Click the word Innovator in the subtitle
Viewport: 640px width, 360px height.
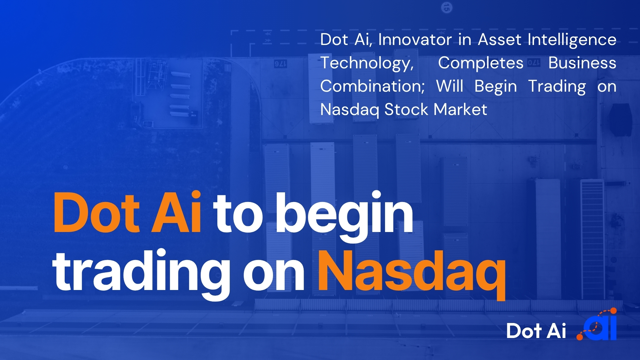(415, 40)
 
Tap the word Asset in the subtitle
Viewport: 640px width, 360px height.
(499, 40)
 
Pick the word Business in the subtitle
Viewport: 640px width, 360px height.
(582, 63)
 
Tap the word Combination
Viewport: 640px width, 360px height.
(372, 86)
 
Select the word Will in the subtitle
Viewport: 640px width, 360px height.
(450, 86)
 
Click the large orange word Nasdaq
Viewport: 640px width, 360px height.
(412, 272)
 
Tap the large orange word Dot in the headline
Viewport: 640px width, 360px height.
(96, 213)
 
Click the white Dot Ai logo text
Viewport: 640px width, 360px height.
(536, 331)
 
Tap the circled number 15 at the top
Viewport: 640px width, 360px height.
(447, 7)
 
